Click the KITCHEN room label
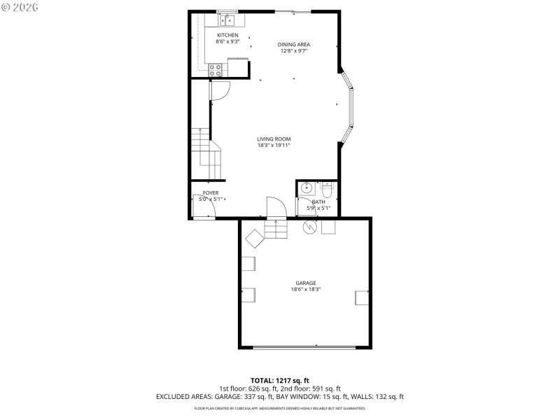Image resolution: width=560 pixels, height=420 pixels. pos(227,35)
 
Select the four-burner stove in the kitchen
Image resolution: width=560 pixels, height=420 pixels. pos(216,69)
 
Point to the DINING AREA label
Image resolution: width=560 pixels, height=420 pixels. pos(293,44)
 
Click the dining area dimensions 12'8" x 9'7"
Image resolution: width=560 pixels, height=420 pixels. pos(293,50)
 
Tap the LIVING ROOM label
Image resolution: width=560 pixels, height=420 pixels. pos(273,139)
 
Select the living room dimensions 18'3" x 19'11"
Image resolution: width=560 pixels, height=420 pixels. pos(273,145)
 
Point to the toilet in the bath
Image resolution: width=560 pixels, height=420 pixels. pos(327,188)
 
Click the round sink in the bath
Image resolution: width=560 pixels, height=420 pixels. pos(306,188)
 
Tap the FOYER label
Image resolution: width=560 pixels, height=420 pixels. pos(211,192)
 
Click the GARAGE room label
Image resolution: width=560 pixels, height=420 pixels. pos(305,283)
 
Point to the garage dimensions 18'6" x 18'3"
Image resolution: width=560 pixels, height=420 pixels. pos(305,289)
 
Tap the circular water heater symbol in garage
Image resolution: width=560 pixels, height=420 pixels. pos(308,227)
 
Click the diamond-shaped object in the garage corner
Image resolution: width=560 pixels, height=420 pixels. pos(254,238)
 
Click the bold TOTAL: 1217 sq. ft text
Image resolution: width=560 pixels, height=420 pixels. pos(279,381)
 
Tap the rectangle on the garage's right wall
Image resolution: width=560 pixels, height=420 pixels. pos(362,297)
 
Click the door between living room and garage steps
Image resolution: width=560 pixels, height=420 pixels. pos(277,208)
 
